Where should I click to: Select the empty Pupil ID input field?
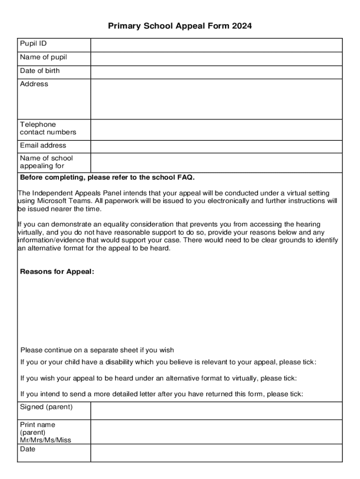coord(216,45)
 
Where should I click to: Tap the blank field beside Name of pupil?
coord(216,58)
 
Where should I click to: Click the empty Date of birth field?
coord(216,72)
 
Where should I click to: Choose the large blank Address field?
coord(216,99)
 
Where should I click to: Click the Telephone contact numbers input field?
coord(216,130)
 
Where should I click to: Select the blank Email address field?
coord(216,146)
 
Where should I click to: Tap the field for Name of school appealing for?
coord(216,163)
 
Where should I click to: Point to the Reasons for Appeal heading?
coord(57,272)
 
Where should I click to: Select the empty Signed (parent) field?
coord(216,410)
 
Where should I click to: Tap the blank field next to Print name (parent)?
coord(216,432)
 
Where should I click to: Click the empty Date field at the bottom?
coord(216,453)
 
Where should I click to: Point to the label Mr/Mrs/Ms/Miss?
coord(45,440)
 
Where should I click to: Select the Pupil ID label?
coord(33,44)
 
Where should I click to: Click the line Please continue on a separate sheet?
coord(97,350)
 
